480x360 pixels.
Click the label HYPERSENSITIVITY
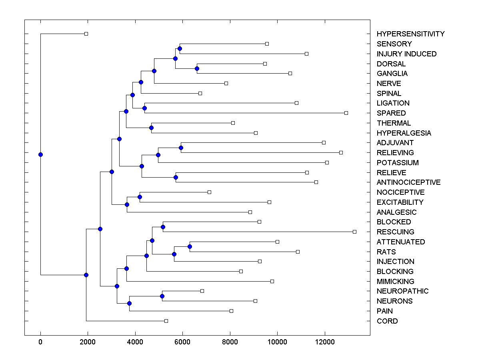tap(410, 34)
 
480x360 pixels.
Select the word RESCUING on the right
tap(395, 232)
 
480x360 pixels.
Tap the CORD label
tap(387, 321)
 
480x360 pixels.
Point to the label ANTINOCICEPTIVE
tap(408, 182)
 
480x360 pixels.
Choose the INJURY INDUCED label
tap(406, 54)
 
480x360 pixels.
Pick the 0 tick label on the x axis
tap(40, 342)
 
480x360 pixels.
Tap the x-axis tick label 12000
tap(325, 342)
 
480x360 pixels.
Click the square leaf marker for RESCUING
tap(354, 232)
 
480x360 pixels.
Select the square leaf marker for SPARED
tap(346, 113)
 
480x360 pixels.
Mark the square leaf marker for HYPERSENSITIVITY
tap(86, 34)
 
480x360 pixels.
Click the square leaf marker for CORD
tap(166, 321)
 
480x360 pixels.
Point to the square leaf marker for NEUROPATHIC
tap(202, 291)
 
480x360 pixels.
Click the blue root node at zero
tap(40, 154)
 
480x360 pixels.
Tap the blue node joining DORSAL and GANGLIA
tap(197, 68)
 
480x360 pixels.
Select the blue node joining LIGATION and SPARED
tap(145, 108)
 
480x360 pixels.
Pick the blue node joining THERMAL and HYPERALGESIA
tap(151, 128)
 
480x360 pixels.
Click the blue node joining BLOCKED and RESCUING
tap(163, 227)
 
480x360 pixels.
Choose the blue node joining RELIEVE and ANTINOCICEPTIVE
tap(176, 177)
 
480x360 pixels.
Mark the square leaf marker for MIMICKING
tap(272, 281)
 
